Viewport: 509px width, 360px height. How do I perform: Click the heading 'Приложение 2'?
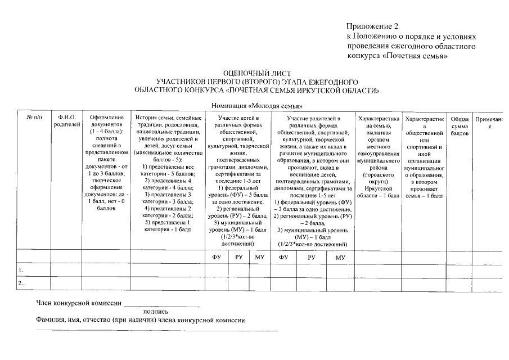coord(372,26)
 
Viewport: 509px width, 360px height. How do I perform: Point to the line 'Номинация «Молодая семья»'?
coord(256,106)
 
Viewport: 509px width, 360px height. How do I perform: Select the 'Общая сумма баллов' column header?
coord(460,127)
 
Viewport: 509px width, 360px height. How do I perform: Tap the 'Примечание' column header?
coord(490,123)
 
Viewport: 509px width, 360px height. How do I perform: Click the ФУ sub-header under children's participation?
coord(217,257)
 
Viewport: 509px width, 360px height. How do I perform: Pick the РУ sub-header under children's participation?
coord(238,257)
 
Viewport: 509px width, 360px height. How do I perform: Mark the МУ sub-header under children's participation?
coord(260,257)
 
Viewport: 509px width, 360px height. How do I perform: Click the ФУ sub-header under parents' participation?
coord(283,257)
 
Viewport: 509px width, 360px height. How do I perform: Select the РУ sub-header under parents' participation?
coord(312,257)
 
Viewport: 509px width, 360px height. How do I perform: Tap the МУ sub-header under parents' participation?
coord(340,257)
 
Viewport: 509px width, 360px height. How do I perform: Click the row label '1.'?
coord(21,271)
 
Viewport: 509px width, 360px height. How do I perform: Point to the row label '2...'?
coord(22,284)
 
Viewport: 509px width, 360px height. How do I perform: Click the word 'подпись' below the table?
coord(156,311)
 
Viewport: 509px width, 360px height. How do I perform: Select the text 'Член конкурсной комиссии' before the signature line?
coord(79,303)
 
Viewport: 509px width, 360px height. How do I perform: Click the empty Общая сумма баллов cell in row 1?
coord(460,271)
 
